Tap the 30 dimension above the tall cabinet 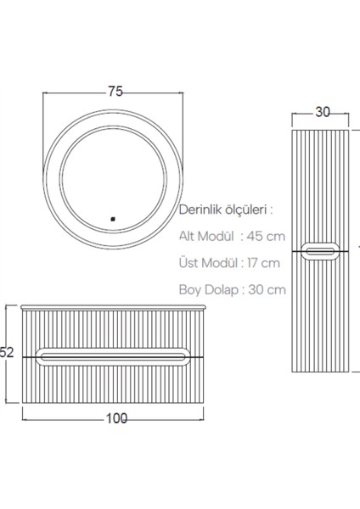322,109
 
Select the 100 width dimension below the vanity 117,417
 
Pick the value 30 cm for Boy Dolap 267,288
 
